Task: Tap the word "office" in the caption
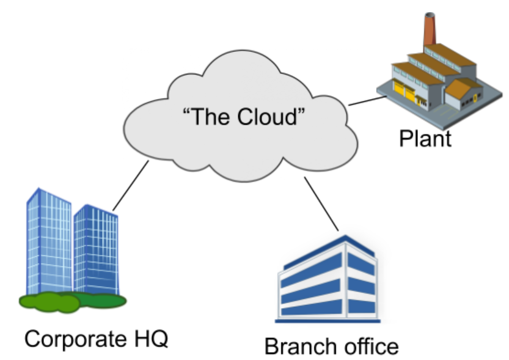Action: tap(370, 347)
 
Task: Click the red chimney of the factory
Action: tap(429, 30)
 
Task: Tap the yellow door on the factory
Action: tap(403, 91)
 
